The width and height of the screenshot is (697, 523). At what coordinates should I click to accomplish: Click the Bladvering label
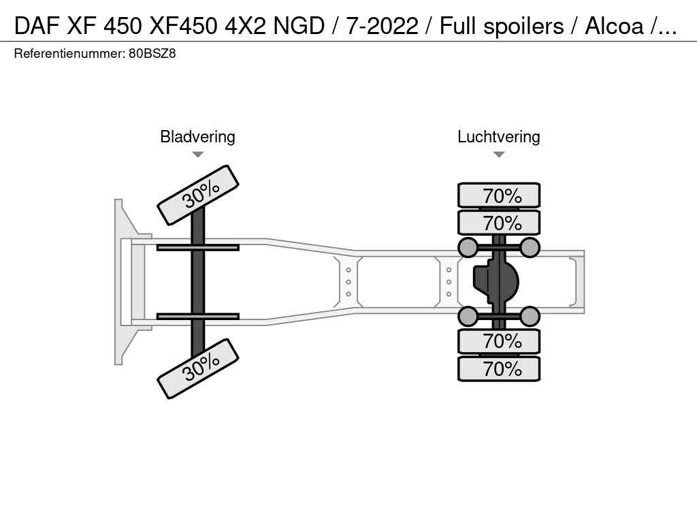(x=197, y=137)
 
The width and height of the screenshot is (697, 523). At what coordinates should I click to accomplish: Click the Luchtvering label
(x=498, y=137)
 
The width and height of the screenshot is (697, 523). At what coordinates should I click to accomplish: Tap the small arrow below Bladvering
(x=197, y=155)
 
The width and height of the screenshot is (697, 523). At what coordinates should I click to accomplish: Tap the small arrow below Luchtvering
(x=498, y=155)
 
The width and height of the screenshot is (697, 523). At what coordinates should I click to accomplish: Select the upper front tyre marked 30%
(x=198, y=195)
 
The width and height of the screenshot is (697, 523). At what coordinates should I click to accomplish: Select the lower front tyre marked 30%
(x=198, y=368)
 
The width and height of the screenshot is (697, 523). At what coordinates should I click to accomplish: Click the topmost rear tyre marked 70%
(x=499, y=195)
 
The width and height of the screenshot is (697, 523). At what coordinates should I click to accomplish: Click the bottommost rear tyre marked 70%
(x=499, y=369)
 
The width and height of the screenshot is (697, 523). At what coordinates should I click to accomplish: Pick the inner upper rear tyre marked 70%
(x=499, y=223)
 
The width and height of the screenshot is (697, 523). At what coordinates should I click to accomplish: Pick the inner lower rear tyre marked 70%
(x=499, y=340)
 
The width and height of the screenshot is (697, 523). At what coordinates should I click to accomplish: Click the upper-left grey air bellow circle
(x=468, y=247)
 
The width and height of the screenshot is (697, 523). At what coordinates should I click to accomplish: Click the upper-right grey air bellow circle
(x=530, y=247)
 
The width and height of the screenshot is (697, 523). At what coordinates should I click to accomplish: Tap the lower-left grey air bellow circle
(x=468, y=316)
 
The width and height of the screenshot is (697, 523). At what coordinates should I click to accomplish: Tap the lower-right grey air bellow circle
(x=530, y=316)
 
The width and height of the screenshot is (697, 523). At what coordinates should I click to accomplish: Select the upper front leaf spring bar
(x=197, y=247)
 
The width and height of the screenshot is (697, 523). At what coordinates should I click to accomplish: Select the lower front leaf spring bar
(x=197, y=316)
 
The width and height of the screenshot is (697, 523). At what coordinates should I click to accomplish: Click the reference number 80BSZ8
(x=152, y=53)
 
